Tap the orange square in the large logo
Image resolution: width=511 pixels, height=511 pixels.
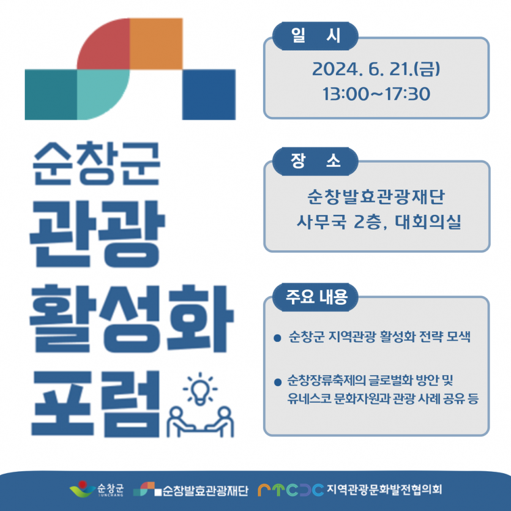[156, 43]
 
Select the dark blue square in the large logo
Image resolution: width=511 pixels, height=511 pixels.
[209, 94]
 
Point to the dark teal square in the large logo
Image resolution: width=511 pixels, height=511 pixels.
[51, 94]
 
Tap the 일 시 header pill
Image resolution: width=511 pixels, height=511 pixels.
[315, 36]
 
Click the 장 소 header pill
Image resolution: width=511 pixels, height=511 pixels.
[315, 162]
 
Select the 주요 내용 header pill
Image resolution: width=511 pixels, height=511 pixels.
[315, 297]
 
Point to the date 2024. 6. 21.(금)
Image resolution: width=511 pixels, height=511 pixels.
[376, 69]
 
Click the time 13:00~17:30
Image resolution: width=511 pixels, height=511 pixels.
[376, 94]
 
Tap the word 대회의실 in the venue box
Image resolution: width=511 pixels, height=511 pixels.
[428, 222]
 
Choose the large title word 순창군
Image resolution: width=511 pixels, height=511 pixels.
[97, 163]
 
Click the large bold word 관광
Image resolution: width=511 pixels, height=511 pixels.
[97, 234]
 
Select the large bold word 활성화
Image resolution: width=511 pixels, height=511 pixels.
[132, 319]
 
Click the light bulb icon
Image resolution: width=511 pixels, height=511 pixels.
[200, 389]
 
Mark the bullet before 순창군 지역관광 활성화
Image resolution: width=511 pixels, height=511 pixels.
[277, 338]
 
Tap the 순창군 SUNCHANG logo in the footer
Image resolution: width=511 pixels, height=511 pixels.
[97, 489]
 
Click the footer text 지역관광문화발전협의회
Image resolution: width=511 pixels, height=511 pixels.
[384, 489]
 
